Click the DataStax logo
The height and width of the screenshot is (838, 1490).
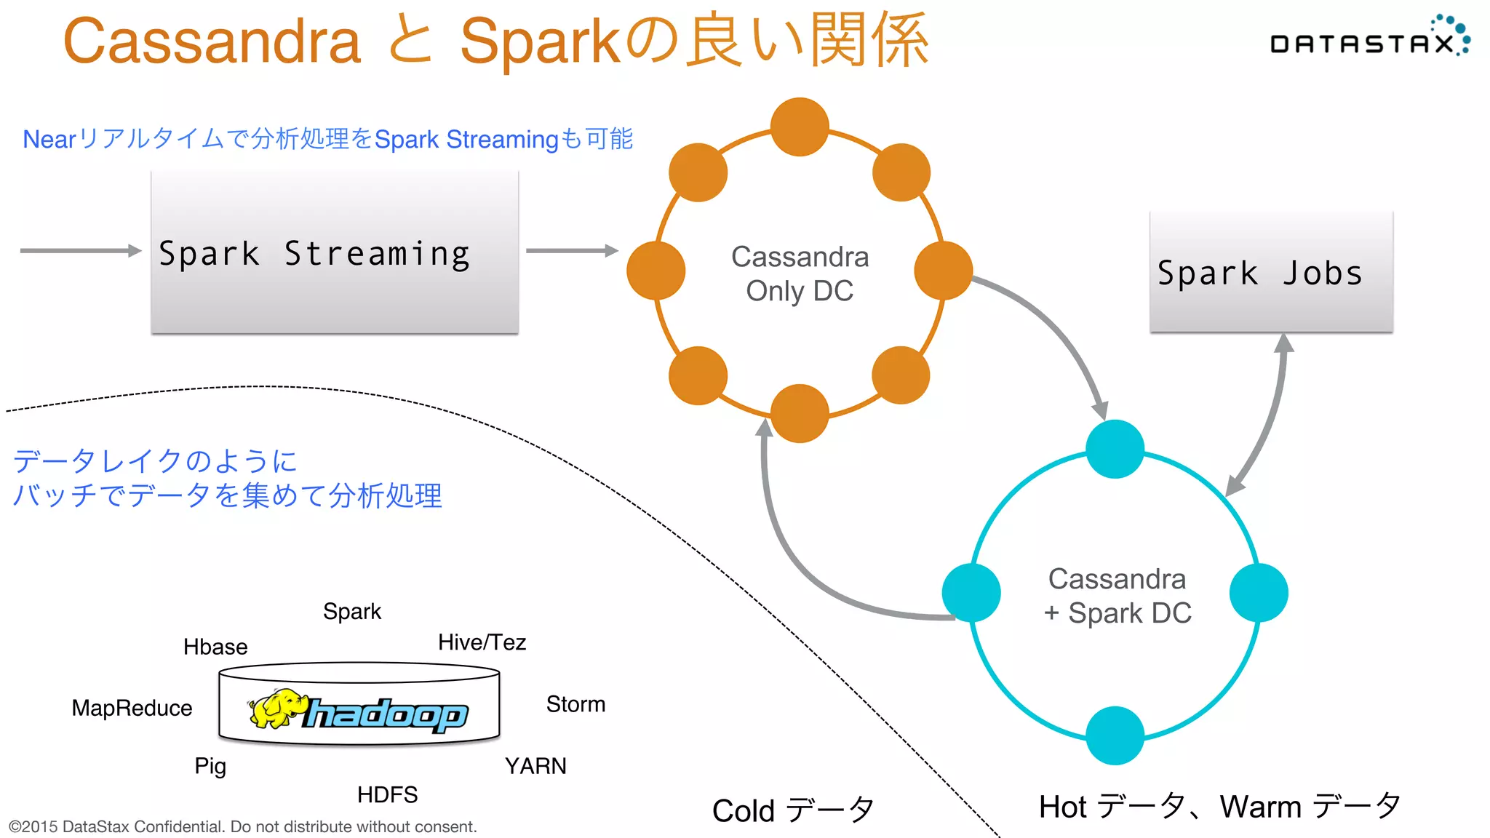pyautogui.click(x=1368, y=40)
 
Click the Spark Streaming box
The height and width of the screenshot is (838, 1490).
pyautogui.click(x=335, y=253)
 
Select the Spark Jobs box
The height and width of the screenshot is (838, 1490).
pyautogui.click(x=1270, y=273)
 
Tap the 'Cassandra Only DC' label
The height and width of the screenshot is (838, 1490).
pyautogui.click(x=800, y=274)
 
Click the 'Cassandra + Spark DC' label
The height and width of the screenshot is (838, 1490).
pyautogui.click(x=1117, y=596)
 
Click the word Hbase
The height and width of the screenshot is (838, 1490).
pyautogui.click(x=215, y=647)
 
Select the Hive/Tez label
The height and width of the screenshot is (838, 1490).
pyautogui.click(x=482, y=642)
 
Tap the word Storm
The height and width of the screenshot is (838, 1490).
pyautogui.click(x=575, y=704)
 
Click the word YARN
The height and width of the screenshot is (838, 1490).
pyautogui.click(x=535, y=766)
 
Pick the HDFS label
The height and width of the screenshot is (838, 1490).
pyautogui.click(x=387, y=794)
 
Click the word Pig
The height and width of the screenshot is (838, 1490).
pyautogui.click(x=210, y=766)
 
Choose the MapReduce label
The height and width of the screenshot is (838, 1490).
pyautogui.click(x=132, y=708)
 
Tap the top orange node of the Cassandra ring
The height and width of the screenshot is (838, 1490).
pyautogui.click(x=800, y=127)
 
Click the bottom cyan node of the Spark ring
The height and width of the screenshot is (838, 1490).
pyautogui.click(x=1115, y=735)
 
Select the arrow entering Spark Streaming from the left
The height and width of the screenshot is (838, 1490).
pyautogui.click(x=80, y=251)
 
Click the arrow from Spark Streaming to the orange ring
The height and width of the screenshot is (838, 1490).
pyautogui.click(x=571, y=251)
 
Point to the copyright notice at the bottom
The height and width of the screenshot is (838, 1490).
pyautogui.click(x=242, y=826)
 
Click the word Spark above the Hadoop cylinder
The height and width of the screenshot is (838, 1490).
pyautogui.click(x=351, y=611)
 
